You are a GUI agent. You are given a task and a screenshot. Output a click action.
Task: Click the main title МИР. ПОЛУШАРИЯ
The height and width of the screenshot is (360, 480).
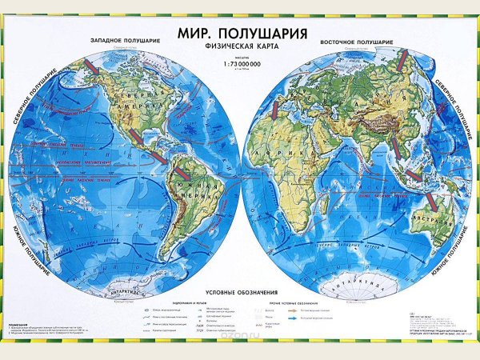coord(239,34)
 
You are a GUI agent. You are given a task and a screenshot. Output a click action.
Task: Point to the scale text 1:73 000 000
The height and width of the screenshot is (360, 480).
coord(239,63)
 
